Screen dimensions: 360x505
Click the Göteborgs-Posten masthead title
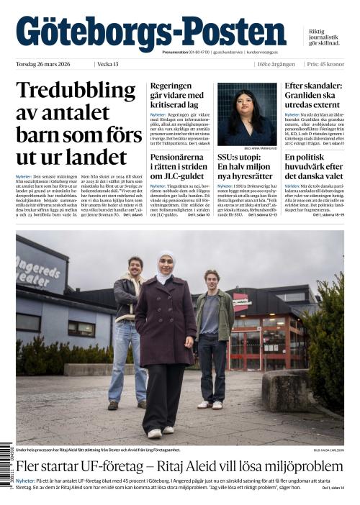(x=150, y=32)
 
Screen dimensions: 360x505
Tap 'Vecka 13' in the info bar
(x=108, y=64)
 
